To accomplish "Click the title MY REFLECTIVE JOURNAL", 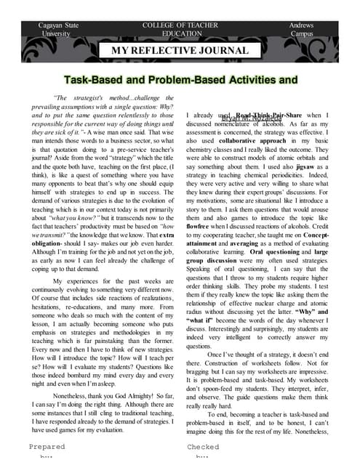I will click(x=179, y=51).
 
